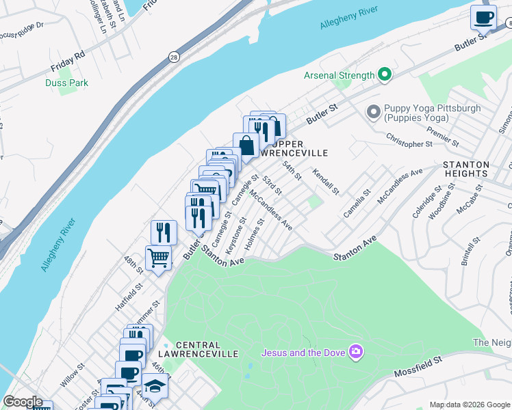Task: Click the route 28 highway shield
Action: click(174, 59)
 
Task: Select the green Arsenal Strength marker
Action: click(385, 75)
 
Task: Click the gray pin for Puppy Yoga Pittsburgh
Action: click(374, 111)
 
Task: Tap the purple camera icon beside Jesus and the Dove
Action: click(355, 352)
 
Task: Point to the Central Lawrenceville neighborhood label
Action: click(207, 349)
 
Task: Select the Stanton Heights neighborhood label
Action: click(465, 169)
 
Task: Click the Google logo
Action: click(23, 402)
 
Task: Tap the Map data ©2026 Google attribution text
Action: click(470, 405)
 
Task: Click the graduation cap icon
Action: click(155, 387)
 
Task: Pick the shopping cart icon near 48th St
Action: click(158, 258)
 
